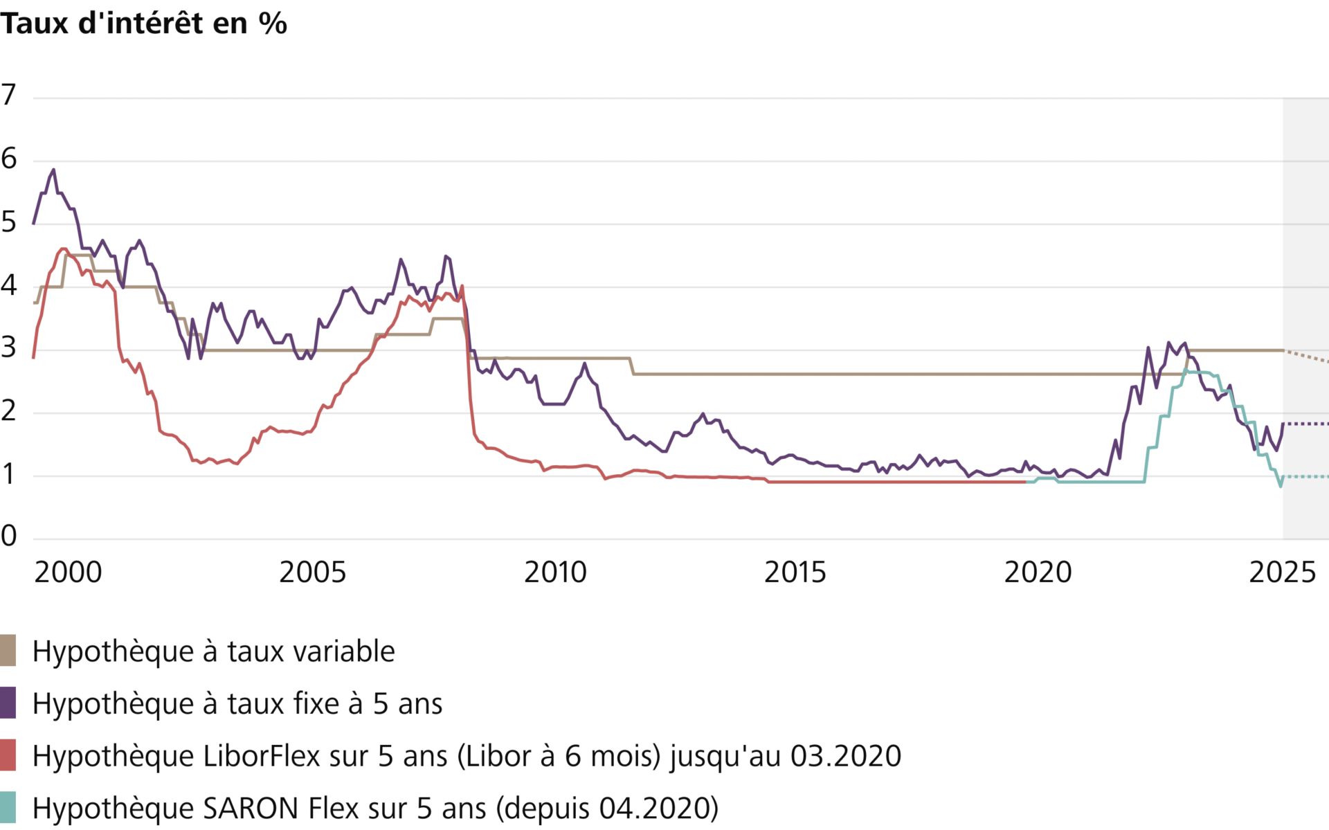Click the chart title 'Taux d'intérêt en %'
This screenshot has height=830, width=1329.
pyautogui.click(x=143, y=24)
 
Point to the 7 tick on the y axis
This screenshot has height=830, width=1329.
pyautogui.click(x=8, y=95)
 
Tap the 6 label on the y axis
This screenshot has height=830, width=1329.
pyautogui.click(x=8, y=159)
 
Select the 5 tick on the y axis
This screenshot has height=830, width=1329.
pyautogui.click(x=8, y=222)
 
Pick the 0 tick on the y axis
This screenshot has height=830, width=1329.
pyautogui.click(x=8, y=535)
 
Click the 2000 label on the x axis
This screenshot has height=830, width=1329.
pyautogui.click(x=68, y=572)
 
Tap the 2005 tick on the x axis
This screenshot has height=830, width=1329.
pyautogui.click(x=312, y=572)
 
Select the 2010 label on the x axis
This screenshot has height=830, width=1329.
pyautogui.click(x=555, y=572)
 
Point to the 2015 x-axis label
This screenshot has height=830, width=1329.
pyautogui.click(x=795, y=572)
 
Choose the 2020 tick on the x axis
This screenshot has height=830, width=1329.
pyautogui.click(x=1038, y=572)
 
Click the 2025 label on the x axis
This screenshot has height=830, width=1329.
pyautogui.click(x=1282, y=572)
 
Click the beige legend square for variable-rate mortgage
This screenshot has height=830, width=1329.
pyautogui.click(x=8, y=651)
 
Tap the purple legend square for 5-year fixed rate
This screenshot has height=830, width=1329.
pyautogui.click(x=8, y=703)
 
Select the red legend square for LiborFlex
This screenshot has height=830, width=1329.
pyautogui.click(x=8, y=755)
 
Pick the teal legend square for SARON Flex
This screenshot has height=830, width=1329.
pyautogui.click(x=8, y=808)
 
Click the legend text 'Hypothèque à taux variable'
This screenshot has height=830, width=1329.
pyautogui.click(x=213, y=651)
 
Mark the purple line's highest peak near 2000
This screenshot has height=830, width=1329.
pyautogui.click(x=53, y=170)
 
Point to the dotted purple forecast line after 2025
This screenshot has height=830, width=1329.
pyautogui.click(x=1307, y=424)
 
